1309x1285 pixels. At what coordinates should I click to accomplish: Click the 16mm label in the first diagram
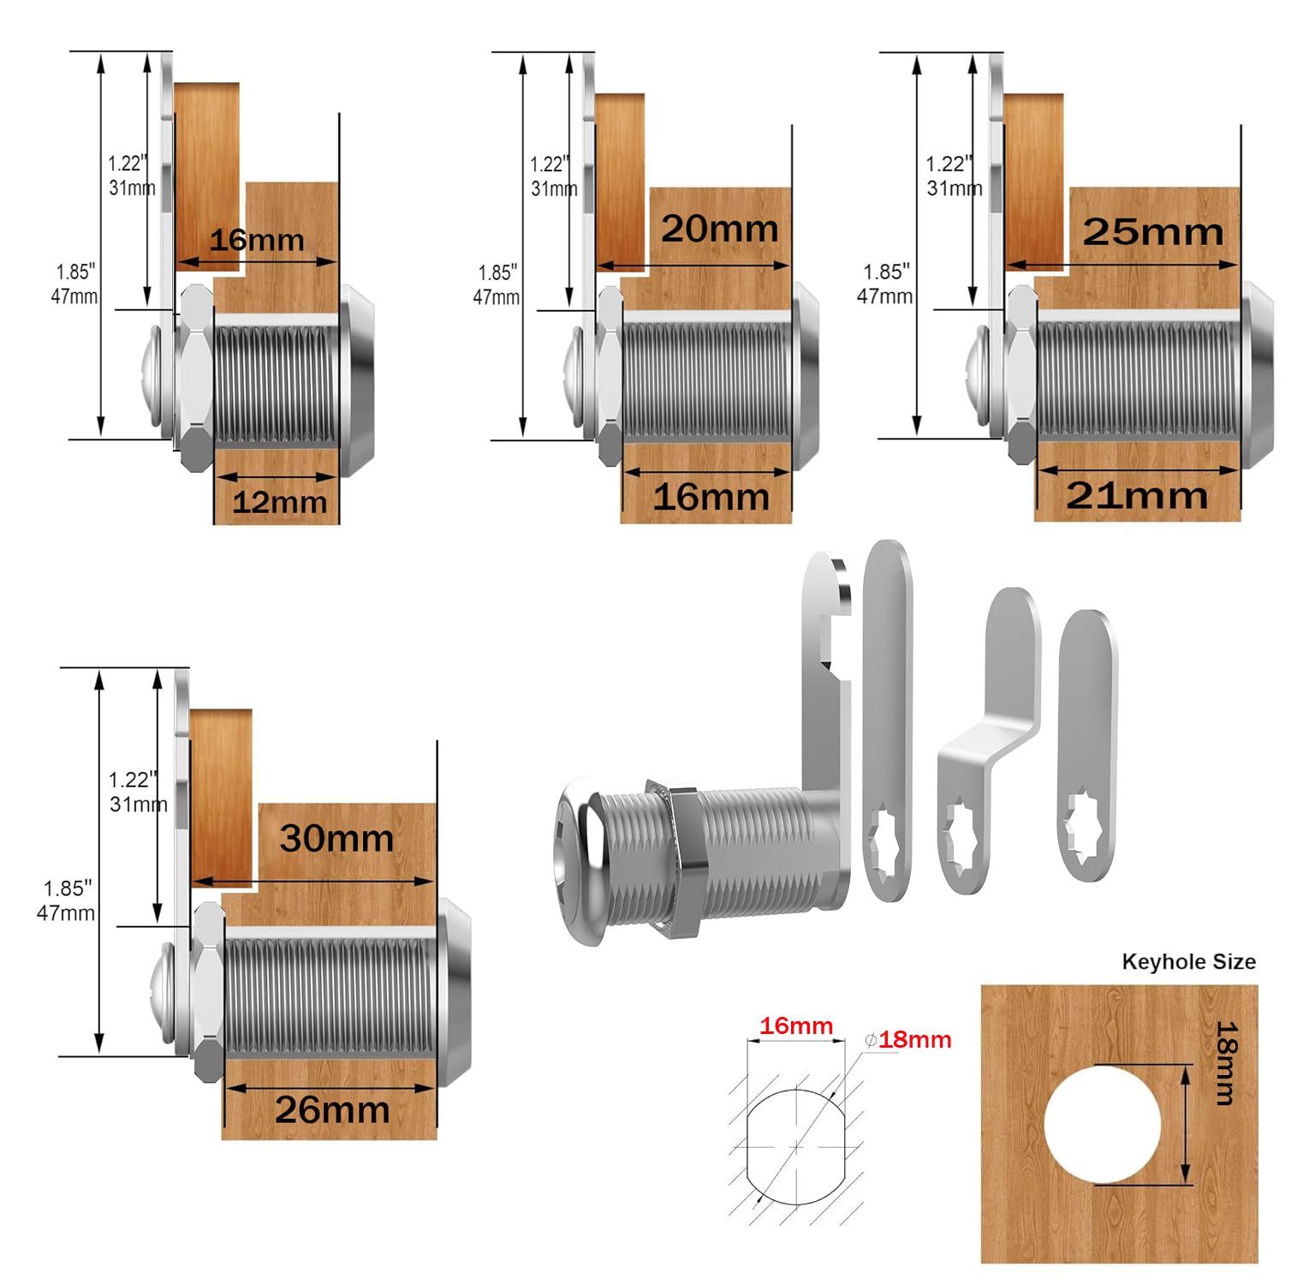pos(256,240)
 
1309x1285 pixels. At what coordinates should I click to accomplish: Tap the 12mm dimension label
pos(279,502)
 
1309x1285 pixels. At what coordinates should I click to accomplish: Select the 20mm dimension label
pos(719,229)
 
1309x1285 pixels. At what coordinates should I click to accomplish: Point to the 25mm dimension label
pos(1152,232)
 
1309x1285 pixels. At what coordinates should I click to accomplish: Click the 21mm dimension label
pos(1136,496)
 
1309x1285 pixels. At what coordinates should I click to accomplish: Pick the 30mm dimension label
pos(336,839)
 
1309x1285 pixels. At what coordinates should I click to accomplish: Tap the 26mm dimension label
pos(332,1110)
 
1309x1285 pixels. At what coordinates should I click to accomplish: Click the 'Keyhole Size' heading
pos(1188,962)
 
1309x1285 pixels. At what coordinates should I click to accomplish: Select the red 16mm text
pos(796,1025)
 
